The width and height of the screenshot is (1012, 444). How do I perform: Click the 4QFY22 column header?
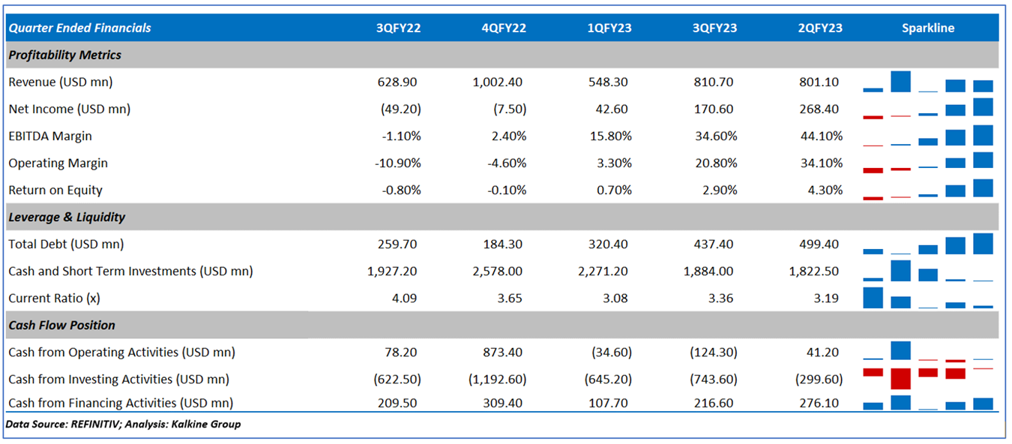click(504, 28)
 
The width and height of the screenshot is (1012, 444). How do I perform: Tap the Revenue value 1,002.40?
click(500, 82)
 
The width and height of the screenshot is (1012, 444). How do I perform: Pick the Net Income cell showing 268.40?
click(819, 109)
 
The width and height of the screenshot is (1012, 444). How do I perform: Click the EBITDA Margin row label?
click(50, 136)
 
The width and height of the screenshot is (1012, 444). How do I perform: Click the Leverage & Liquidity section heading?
click(67, 217)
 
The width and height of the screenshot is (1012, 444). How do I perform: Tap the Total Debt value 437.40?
click(714, 244)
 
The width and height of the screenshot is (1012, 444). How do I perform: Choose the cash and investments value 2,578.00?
click(500, 271)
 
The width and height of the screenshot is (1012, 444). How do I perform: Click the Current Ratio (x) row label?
click(54, 298)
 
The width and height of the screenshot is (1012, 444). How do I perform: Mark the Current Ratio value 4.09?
click(408, 298)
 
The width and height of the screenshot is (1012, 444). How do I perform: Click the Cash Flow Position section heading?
click(61, 325)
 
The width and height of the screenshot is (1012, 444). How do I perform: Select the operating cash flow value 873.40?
click(505, 352)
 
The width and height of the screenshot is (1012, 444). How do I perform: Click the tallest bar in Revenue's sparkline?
click(900, 81)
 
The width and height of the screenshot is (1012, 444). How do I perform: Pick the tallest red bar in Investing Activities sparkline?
click(900, 378)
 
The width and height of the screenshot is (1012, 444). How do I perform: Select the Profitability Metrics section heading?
click(64, 55)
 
